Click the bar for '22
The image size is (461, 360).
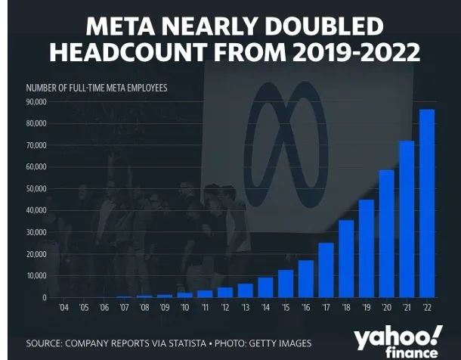pyautogui.click(x=427, y=203)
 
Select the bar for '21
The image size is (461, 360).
pyautogui.click(x=407, y=219)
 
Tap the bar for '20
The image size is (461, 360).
pyautogui.click(x=386, y=234)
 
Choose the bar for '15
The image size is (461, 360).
pyautogui.click(x=286, y=284)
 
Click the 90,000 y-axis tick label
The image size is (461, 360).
pyautogui.click(x=36, y=101)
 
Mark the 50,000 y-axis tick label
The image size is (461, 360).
pyautogui.click(x=36, y=188)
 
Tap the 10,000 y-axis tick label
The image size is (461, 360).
pyautogui.click(x=36, y=275)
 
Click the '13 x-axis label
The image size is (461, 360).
pyautogui.click(x=245, y=309)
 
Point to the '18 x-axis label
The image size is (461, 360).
pyautogui.click(x=346, y=309)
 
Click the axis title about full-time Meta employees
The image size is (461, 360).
pyautogui.click(x=96, y=88)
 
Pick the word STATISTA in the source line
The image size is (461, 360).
pyautogui.click(x=184, y=344)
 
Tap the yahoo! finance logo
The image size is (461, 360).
pyautogui.click(x=398, y=343)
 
